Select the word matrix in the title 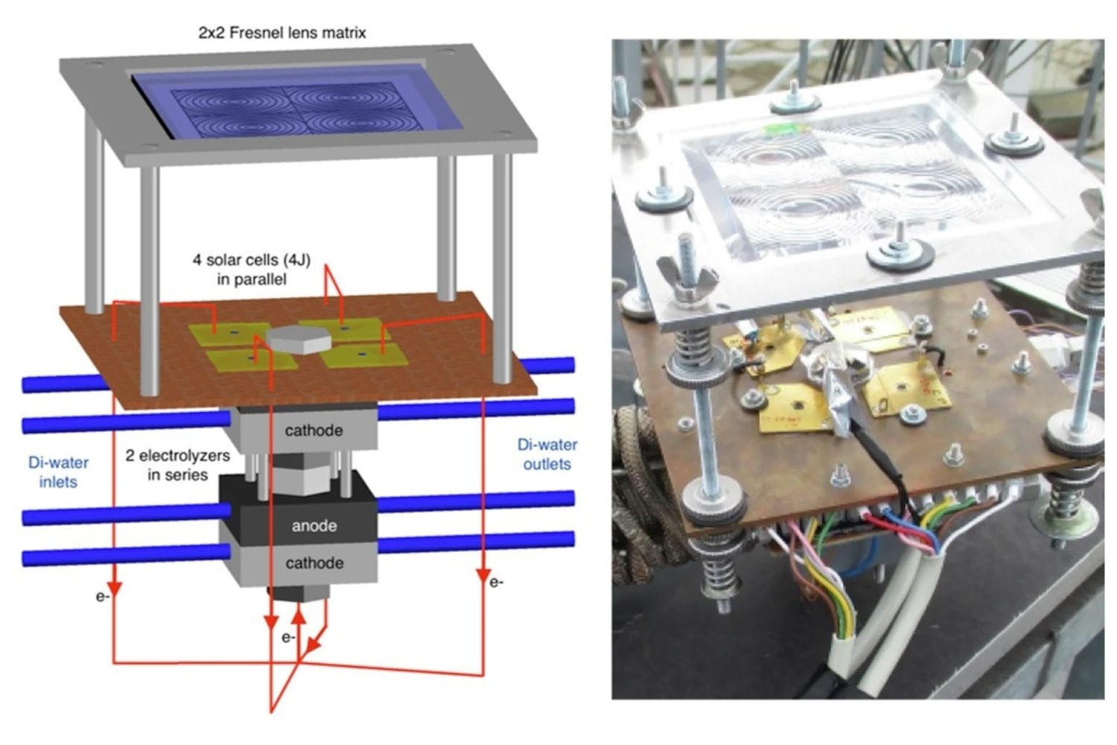pos(343,33)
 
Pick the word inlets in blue pos(58,482)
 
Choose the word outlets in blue pos(547,464)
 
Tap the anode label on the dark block pos(314,525)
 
